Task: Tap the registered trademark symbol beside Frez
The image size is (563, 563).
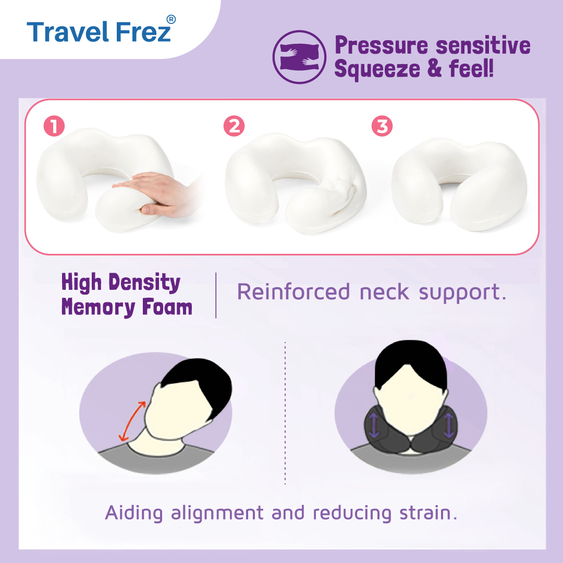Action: tap(172, 19)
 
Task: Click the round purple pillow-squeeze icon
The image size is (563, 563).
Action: tap(299, 57)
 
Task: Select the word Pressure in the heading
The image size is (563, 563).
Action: tap(381, 45)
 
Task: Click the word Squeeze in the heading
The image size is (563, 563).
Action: tap(377, 69)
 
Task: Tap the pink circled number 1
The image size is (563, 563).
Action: tap(54, 126)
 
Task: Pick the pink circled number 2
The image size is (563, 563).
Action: tap(234, 126)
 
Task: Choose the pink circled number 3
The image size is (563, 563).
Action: tap(382, 126)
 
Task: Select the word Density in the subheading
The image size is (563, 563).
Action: tap(144, 282)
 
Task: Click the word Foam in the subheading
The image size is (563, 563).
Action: tap(167, 308)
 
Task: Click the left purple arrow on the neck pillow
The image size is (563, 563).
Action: tap(374, 425)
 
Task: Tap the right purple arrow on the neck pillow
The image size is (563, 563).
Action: tap(449, 425)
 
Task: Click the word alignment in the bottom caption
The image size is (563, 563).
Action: tap(217, 513)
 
